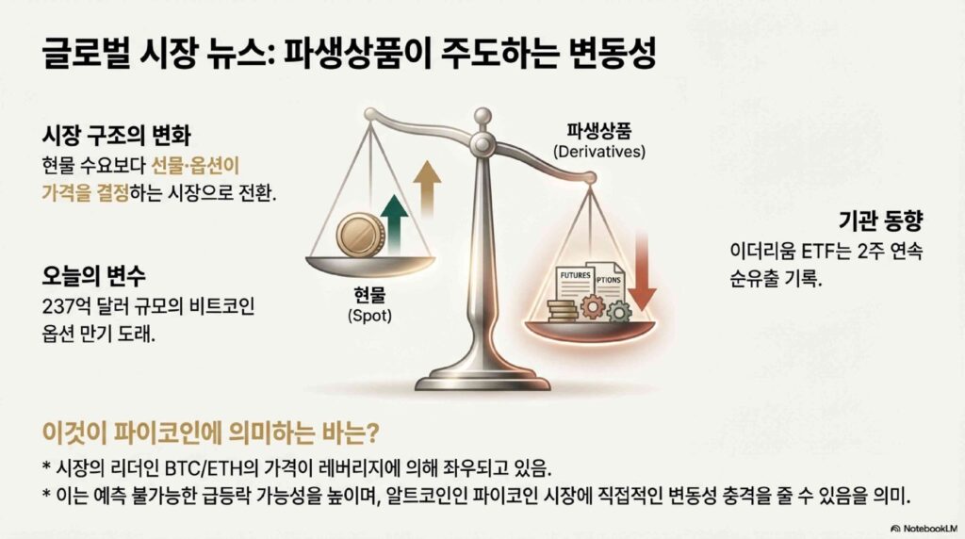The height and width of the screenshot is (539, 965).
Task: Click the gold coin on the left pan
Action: [x=360, y=235]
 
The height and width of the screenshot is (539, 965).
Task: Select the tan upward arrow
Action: [x=427, y=188]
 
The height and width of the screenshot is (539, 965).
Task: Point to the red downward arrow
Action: [x=642, y=270]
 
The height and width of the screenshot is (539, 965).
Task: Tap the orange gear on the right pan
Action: [x=593, y=306]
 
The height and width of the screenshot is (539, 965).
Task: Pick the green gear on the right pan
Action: [x=618, y=312]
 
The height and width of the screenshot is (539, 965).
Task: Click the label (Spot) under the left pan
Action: [x=369, y=316]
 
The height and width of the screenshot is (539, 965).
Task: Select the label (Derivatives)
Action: [x=598, y=152]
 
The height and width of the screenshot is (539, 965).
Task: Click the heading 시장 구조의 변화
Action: [x=116, y=135]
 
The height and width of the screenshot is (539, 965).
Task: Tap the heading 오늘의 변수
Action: [x=93, y=275]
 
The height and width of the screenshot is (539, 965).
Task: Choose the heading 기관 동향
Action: [x=881, y=220]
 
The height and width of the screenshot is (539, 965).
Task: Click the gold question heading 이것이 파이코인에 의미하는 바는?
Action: [x=210, y=433]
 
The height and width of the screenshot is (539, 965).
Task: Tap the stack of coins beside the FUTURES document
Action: [x=562, y=311]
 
